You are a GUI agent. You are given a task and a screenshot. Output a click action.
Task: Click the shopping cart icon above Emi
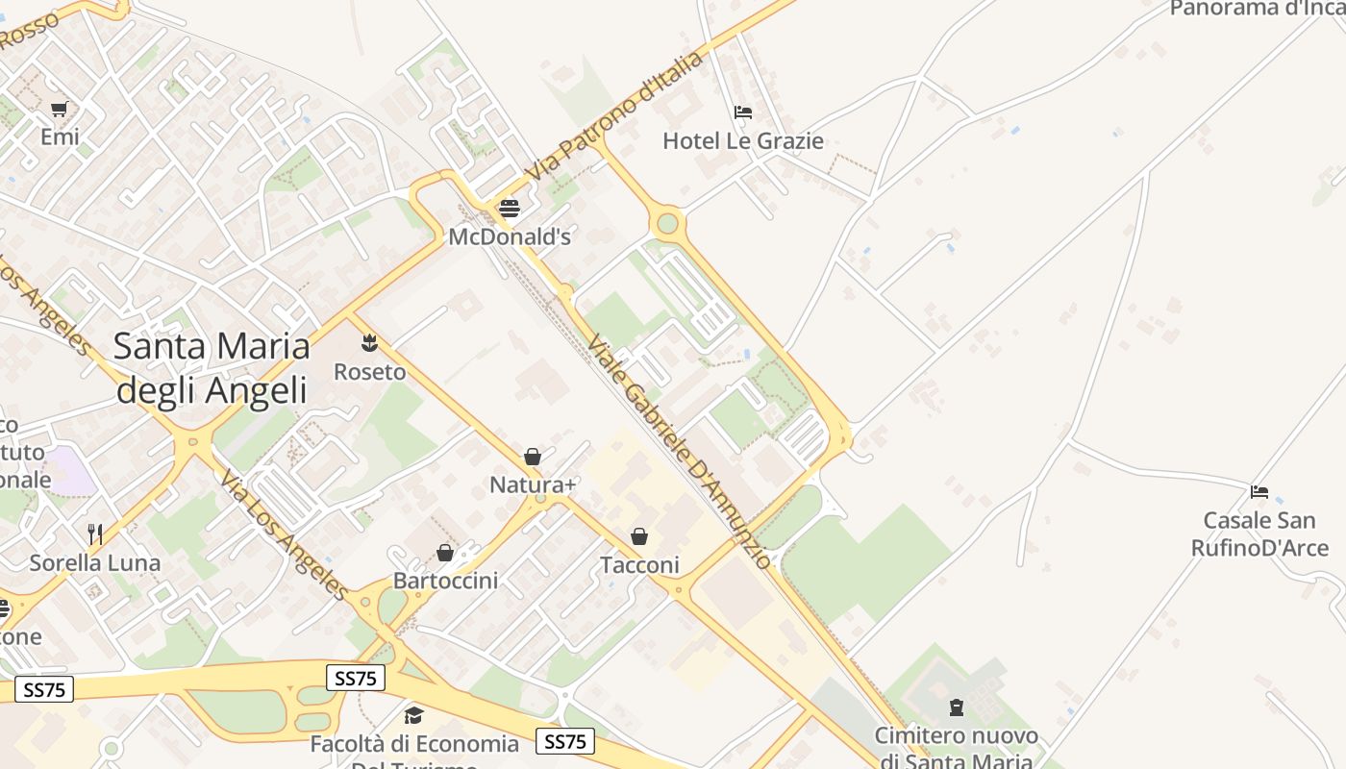coord(60,109)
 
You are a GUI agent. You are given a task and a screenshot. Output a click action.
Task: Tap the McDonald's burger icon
coord(510,208)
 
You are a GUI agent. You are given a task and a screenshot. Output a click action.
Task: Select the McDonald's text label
coord(510,236)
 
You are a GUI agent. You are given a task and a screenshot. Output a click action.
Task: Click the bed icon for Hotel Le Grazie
coord(742,112)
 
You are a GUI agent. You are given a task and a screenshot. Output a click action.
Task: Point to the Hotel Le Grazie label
coord(743,141)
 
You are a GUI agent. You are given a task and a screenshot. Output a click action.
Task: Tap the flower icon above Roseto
coord(369,342)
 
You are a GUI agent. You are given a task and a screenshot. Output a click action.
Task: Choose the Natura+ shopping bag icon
coord(533,457)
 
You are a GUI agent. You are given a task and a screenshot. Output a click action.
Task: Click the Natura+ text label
coord(533,484)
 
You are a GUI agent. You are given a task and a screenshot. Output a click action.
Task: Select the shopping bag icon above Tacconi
coord(639,536)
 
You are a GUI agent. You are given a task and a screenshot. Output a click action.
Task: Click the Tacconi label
coord(639,565)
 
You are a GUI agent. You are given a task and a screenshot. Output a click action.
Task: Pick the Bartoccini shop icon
coord(445,553)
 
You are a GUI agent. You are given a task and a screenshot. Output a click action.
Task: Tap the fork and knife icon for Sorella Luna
coord(94,534)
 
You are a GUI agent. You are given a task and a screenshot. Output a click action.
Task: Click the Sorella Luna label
coord(94,562)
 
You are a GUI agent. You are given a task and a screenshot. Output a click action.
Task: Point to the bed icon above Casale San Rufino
coord(1259,492)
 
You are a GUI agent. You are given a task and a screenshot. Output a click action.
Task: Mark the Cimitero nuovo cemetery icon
coord(956,707)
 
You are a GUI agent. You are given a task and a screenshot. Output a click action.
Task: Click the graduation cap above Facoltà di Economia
coord(413,715)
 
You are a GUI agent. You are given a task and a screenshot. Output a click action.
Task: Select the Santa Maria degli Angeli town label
coord(212,368)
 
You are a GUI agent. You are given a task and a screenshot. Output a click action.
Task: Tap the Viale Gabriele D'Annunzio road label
coord(679,452)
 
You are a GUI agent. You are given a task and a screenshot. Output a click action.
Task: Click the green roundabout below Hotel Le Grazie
coord(667,225)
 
